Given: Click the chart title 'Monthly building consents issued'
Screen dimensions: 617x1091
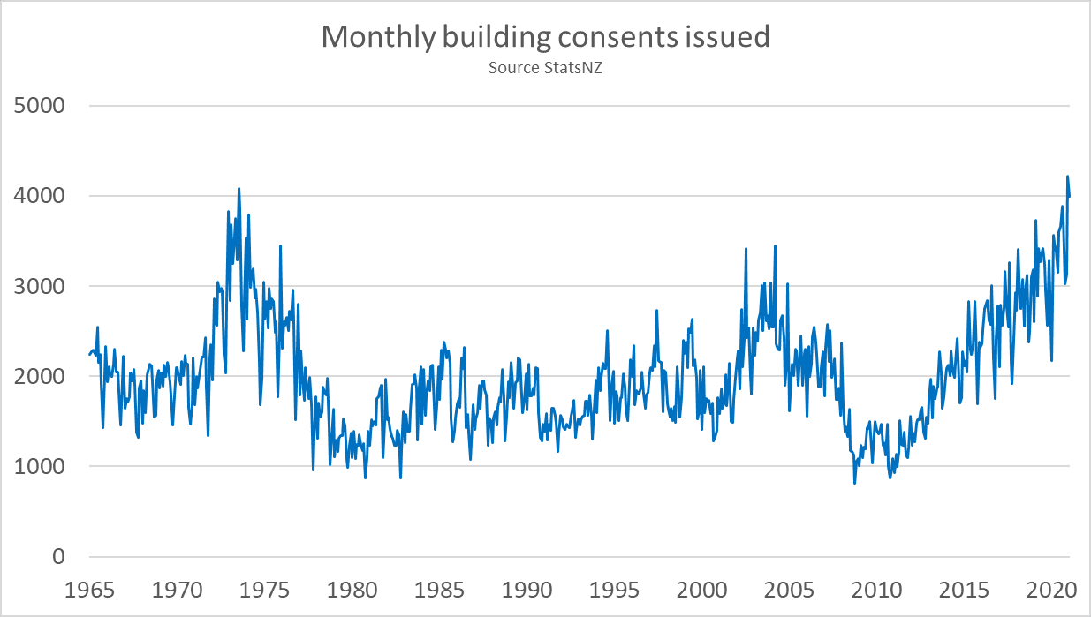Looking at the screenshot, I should click(x=545, y=36).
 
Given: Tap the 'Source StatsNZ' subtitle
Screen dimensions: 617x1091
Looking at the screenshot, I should click(x=545, y=67).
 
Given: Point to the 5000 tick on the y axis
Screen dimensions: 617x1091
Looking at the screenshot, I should click(x=41, y=106).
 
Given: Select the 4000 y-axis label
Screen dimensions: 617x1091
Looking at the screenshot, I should click(x=41, y=196).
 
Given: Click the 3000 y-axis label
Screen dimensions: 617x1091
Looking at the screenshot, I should click(x=41, y=286).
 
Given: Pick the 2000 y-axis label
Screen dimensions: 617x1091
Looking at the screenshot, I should click(x=41, y=376).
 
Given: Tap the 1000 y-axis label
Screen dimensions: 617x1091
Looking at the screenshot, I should click(x=41, y=466).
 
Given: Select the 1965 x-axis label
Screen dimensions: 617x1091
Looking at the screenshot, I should click(x=91, y=588).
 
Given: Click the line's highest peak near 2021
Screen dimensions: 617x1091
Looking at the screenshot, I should click(x=1067, y=177).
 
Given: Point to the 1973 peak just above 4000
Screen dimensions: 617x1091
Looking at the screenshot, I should click(x=239, y=188).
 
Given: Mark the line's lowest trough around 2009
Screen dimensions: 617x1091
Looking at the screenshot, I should click(x=854, y=483).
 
